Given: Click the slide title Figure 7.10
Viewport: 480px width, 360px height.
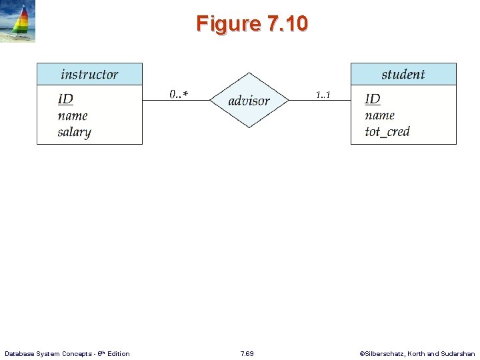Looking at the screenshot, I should pos(252,24).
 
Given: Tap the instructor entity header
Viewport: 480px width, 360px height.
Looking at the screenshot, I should pos(89,74).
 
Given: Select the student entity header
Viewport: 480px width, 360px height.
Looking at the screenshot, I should pos(403,74).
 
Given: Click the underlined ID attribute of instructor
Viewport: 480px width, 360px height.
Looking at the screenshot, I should pos(65,99).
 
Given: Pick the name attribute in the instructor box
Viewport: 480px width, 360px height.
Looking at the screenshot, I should pos(73,115).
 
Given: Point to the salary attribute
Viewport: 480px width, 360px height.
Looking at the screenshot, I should pos(74,131).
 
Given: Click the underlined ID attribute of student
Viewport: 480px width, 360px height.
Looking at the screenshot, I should pos(373,99).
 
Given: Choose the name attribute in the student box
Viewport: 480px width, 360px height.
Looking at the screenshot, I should pos(380,115).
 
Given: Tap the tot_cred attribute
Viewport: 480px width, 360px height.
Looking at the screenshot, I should pos(387,131).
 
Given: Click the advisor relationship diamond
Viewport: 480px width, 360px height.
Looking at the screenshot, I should pos(249,101).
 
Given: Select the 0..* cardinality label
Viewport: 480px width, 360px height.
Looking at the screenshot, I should pos(178,94).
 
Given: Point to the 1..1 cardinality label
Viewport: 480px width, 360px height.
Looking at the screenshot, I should pos(323,94).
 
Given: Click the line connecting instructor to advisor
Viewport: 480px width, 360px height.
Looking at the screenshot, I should pos(176,101).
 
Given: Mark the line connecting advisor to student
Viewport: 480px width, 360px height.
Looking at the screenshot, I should pos(320,101).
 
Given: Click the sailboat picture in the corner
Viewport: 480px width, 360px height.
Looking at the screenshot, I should pos(18,21).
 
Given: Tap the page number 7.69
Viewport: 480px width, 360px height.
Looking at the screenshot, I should pos(247,353).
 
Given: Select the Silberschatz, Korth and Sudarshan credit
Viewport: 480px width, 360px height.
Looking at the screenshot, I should pos(417,353).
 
